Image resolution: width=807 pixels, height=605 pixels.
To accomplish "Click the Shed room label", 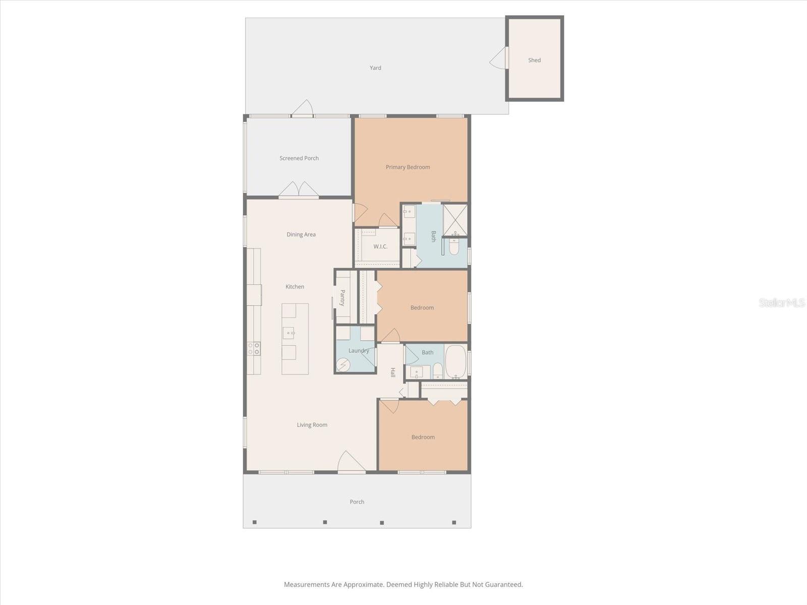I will tap(534, 60).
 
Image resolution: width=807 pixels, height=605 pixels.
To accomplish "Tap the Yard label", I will tap(375, 68).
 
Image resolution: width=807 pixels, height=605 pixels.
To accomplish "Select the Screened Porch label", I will tap(299, 158).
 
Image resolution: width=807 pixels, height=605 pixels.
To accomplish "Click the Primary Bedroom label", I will tap(408, 167).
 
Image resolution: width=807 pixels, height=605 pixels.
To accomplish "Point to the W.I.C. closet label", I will tap(380, 247).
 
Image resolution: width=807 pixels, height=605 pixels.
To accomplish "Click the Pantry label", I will tap(342, 297).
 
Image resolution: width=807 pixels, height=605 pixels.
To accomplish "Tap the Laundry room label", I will tap(359, 350).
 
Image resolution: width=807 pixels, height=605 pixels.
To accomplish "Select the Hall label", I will tap(392, 373).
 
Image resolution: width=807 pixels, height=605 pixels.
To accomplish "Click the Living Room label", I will tap(312, 425).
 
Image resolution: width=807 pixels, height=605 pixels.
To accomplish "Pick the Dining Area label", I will tap(301, 234).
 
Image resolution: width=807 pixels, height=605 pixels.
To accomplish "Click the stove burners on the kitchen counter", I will tap(254, 348).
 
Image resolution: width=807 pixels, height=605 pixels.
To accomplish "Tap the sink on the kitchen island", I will tap(289, 332).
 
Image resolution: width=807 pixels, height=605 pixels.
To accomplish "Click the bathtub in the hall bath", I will tap(456, 361).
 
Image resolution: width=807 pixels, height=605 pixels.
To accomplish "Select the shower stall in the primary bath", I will tap(455, 219).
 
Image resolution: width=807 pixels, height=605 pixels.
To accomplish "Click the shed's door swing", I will tap(498, 58).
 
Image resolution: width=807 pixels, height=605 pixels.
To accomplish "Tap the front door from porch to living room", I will tap(351, 463).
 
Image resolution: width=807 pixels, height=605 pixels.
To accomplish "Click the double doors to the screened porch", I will tap(299, 190).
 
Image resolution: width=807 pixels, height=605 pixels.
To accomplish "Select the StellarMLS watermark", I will tap(781, 302).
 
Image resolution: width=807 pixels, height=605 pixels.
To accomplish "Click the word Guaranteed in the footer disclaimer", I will tap(503, 585).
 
